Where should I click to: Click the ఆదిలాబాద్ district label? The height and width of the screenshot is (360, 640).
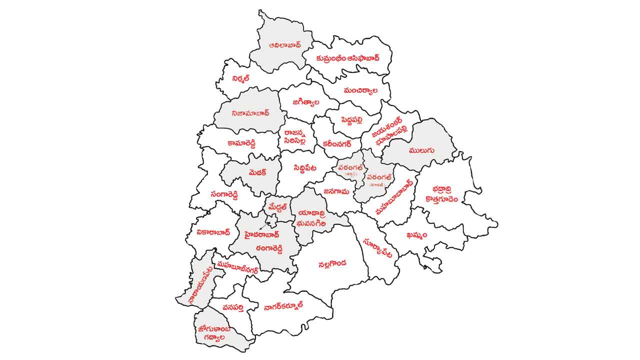click(277, 44)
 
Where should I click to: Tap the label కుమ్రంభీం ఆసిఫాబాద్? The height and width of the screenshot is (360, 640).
click(348, 58)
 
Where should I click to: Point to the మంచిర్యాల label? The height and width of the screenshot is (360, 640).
click(360, 91)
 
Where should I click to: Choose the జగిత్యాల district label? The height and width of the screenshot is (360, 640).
click(306, 102)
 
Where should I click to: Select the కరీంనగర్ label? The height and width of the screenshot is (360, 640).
click(337, 143)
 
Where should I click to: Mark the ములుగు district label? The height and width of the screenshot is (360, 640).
click(421, 149)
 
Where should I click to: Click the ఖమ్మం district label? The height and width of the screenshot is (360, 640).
click(417, 235)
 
